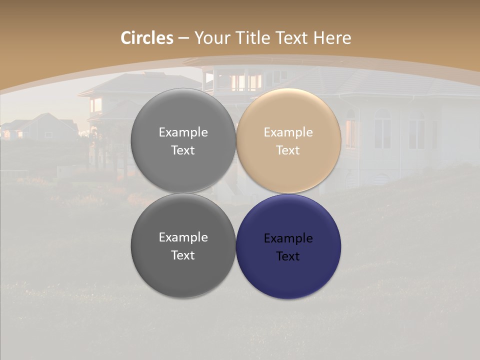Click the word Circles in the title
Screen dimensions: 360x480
tap(146, 38)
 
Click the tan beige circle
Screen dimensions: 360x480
tap(288, 141)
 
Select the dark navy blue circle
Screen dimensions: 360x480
tap(288, 246)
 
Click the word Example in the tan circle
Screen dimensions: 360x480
tap(288, 132)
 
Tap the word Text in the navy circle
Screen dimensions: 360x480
tap(288, 256)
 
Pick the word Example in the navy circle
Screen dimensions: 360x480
tap(288, 238)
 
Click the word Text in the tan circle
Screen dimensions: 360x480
tap(288, 150)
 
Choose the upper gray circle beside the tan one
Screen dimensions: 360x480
tap(183, 141)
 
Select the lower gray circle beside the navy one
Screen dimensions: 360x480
tap(183, 246)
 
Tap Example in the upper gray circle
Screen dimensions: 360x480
tap(183, 132)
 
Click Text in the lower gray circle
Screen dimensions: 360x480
tap(183, 255)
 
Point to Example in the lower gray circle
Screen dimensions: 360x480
tap(183, 237)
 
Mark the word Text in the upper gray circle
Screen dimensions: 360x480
tap(183, 150)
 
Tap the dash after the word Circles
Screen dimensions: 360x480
tap(183, 38)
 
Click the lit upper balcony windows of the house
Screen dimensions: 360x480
tap(245, 82)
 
